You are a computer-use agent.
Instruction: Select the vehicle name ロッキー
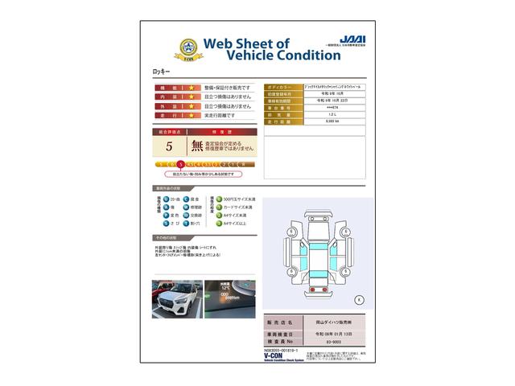pos(162,72)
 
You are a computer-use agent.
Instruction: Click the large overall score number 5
pos(169,146)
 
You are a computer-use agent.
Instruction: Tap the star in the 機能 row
pos(192,87)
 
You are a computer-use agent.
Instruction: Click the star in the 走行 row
pos(192,116)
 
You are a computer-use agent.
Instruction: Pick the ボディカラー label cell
pos(282,86)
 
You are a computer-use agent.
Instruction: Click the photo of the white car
pos(177,299)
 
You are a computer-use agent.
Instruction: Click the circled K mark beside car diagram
pos(358,299)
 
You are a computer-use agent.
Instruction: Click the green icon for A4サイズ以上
pos(215,224)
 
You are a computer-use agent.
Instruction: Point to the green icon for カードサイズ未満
pos(215,207)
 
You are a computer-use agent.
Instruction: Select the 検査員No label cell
pos(282,341)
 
